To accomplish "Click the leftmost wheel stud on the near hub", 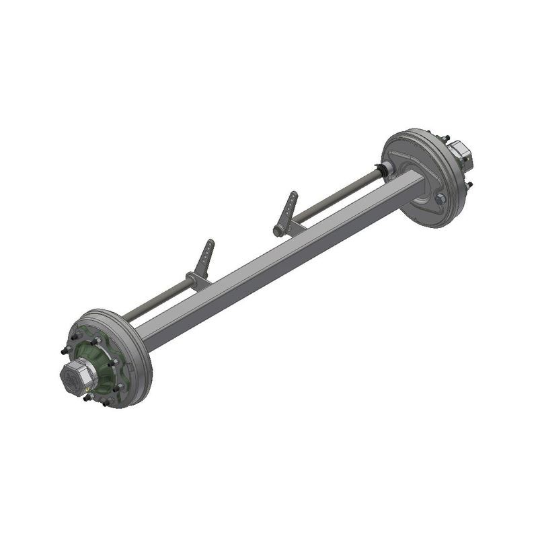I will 64,350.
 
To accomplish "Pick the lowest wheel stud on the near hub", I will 106,403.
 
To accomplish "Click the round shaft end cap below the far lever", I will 278,231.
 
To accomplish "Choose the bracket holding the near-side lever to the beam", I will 197,278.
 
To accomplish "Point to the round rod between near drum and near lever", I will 155,299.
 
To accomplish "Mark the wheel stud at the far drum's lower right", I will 469,184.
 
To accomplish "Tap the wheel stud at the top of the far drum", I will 445,138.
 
